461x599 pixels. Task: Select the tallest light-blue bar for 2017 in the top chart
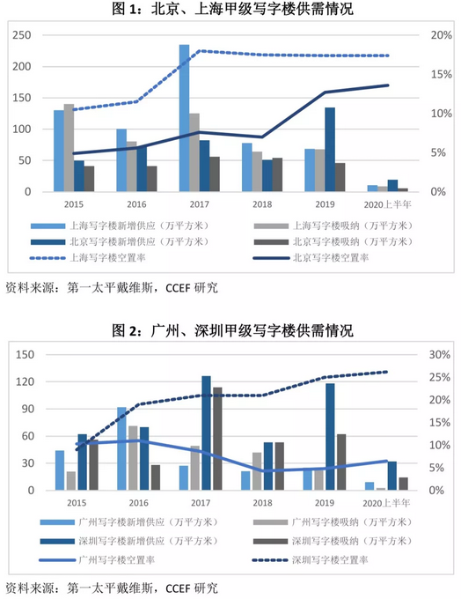(184, 118)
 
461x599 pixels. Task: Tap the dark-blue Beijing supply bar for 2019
(330, 149)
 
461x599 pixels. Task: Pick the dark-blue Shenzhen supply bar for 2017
(206, 433)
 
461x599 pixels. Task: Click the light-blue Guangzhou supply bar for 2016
(122, 448)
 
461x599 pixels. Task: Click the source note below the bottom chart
(111, 586)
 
